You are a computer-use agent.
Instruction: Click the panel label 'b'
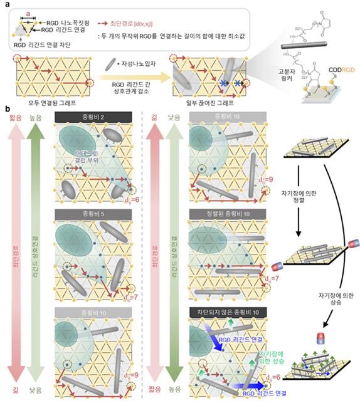tap(6, 108)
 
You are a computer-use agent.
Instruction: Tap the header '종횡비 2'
tap(93, 117)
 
